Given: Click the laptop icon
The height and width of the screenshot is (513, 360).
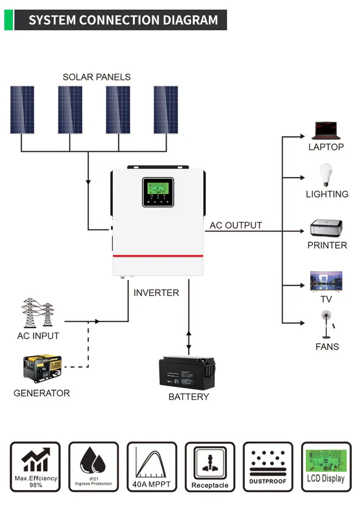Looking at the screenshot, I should (x=326, y=131).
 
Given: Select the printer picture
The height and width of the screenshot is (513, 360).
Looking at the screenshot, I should (x=326, y=228).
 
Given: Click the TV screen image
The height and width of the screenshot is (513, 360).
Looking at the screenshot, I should (x=326, y=281).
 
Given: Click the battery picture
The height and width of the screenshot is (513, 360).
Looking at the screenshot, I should (x=188, y=371).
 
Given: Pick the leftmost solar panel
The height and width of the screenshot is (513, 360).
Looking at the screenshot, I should (x=22, y=110).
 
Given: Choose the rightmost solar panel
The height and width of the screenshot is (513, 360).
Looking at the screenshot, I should (x=166, y=110).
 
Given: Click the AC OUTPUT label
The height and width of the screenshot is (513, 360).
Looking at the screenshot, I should (x=236, y=225).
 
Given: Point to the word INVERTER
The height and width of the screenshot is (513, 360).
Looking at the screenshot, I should (x=156, y=293).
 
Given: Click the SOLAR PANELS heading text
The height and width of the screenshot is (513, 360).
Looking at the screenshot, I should (x=96, y=77).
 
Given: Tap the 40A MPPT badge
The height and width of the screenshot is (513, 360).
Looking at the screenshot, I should (x=152, y=467).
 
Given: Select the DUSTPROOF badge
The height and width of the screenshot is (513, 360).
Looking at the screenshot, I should (x=268, y=467).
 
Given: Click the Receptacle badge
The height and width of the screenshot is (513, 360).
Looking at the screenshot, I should (x=210, y=467).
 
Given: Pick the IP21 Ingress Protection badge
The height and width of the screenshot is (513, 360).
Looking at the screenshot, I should (x=93, y=467).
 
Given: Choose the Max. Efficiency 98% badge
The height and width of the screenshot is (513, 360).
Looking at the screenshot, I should (x=35, y=467).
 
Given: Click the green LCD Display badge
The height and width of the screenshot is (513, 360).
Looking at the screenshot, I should (x=326, y=467).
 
